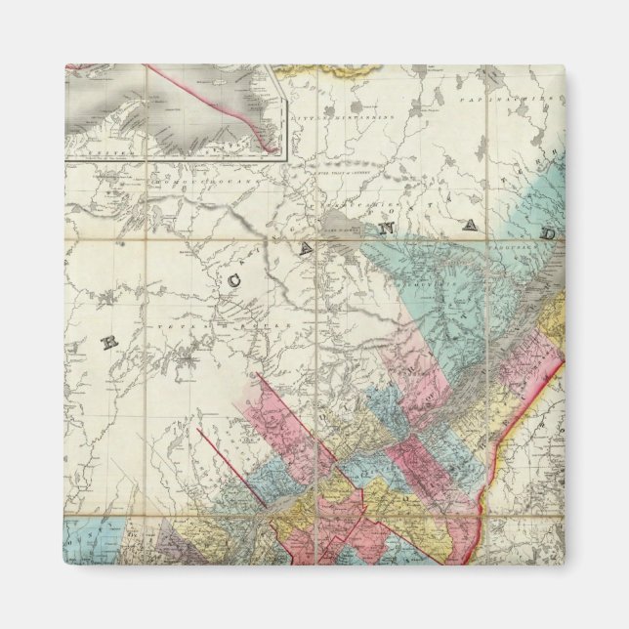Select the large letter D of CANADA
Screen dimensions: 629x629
551,236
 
